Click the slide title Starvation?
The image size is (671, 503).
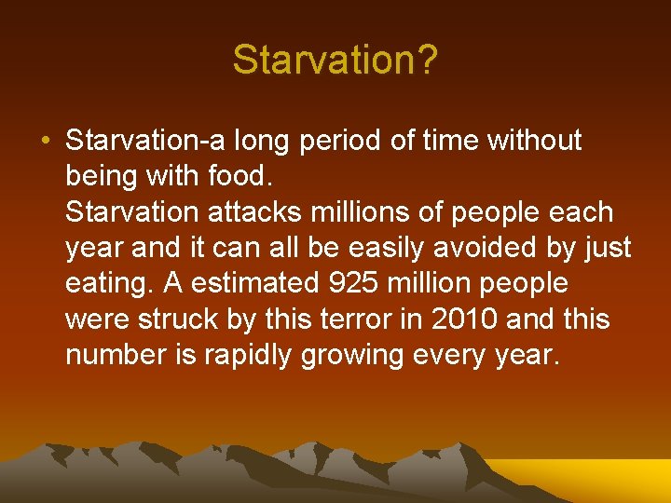click(x=335, y=61)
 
